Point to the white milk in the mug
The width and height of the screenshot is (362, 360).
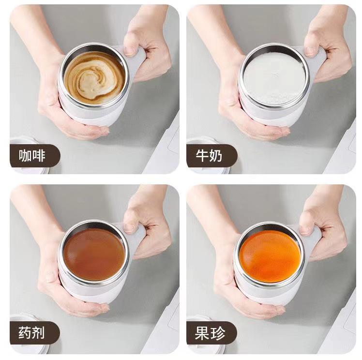click(274, 77)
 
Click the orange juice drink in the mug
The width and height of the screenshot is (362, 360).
click(270, 255)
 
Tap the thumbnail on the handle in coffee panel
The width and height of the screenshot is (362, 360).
click(130, 50)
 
